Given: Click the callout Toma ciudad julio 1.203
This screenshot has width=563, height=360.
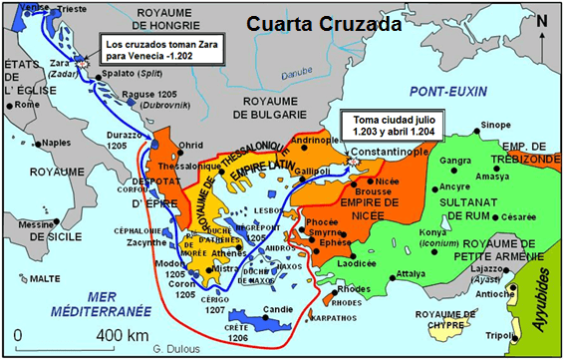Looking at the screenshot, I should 394,124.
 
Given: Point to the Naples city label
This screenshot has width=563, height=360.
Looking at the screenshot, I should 59,142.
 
